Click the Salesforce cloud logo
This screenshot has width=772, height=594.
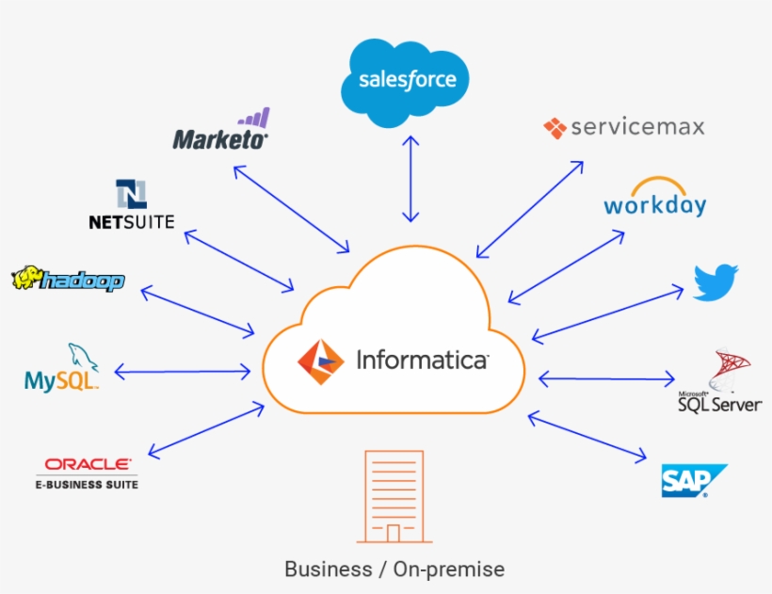point(406,81)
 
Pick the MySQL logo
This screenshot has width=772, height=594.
point(62,369)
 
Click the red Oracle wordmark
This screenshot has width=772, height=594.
point(89,464)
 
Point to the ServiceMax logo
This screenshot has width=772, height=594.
point(623,127)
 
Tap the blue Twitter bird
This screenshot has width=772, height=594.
point(716,282)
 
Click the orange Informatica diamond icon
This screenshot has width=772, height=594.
point(319,361)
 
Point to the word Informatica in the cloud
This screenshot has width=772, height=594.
point(422,361)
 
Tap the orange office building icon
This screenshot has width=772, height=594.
point(394,496)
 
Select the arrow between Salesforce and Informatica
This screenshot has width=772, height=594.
point(410,178)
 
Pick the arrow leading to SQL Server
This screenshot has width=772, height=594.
point(607,379)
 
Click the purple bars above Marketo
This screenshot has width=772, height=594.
point(254,119)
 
